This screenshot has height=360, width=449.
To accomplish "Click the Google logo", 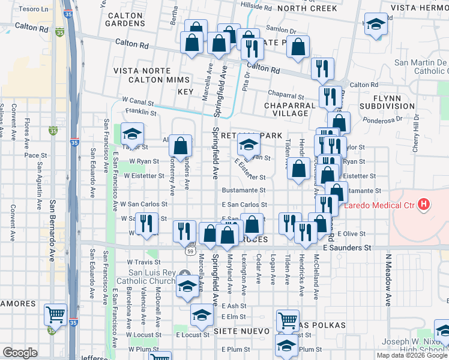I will (x=20, y=353).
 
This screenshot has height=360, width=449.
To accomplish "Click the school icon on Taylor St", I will (x=133, y=133).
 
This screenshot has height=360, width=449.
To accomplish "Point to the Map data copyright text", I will (x=412, y=355).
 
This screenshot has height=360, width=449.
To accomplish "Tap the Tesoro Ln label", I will (x=33, y=10).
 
